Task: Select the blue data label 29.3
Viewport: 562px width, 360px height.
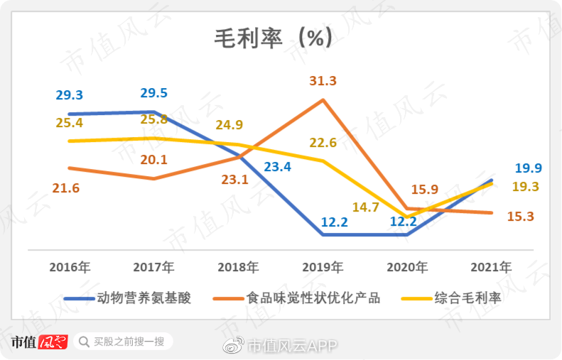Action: tap(70, 95)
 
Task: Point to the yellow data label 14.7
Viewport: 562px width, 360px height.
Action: tap(365, 207)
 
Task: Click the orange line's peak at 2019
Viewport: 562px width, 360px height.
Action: tap(323, 99)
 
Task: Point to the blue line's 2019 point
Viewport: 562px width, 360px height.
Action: tap(323, 234)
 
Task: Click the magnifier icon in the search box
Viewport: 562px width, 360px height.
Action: tap(84, 342)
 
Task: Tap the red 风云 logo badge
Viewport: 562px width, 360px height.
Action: tap(53, 342)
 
